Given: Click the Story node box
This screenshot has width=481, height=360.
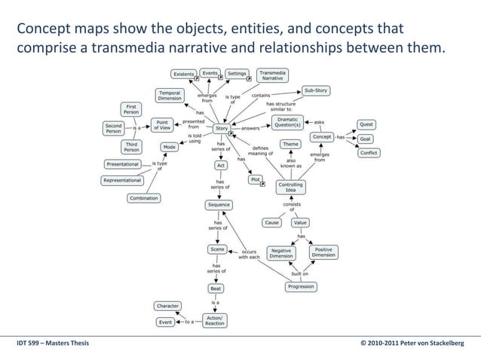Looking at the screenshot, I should (x=221, y=128).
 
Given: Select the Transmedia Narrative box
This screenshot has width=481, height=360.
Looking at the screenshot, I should (x=272, y=75).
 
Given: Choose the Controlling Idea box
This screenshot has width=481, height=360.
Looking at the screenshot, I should (x=290, y=187).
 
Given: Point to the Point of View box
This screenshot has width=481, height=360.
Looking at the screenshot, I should (x=161, y=124).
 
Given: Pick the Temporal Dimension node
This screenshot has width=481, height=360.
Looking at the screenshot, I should (x=170, y=95).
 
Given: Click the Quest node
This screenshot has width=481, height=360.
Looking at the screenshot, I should (x=366, y=124).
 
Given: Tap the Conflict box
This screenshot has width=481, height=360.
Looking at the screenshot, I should (x=368, y=153).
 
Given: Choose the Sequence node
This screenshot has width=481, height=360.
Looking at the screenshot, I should (x=219, y=205).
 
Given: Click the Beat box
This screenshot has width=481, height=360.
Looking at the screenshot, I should (x=216, y=288).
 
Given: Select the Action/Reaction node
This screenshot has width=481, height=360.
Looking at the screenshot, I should (x=215, y=321).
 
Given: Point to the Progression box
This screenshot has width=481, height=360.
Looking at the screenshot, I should (x=301, y=287).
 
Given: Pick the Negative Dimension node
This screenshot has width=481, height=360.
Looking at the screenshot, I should (x=281, y=252).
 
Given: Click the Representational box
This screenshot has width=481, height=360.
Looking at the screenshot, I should (x=122, y=180).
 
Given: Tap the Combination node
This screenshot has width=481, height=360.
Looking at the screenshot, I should (x=143, y=198).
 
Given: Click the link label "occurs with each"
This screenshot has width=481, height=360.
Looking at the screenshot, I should (x=250, y=254).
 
